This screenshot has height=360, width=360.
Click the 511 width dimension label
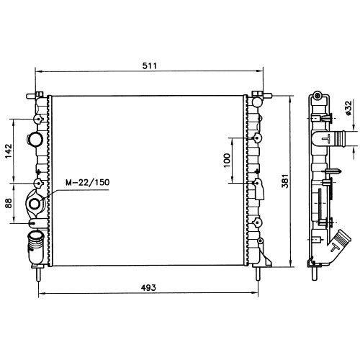tap(149, 66)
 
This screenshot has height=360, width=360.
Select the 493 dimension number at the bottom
tap(148, 287)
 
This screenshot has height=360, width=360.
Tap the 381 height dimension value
tap(285, 181)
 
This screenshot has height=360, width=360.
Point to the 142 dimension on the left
tap(9, 151)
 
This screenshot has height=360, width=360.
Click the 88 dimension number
tap(9, 203)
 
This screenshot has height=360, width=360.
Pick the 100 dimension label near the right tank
tap(227, 161)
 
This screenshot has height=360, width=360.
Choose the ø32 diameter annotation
tap(348, 108)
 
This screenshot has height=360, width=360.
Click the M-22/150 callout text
tap(88, 182)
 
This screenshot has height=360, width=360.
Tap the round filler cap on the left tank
tap(35, 140)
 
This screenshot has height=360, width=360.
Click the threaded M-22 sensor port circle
tap(35, 204)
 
